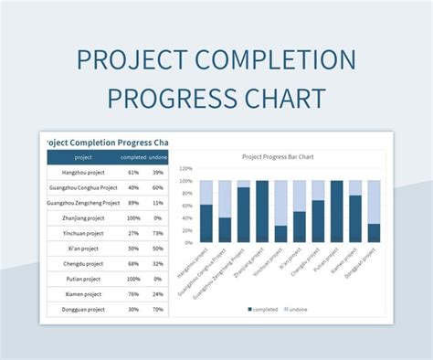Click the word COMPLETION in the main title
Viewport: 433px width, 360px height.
(272, 63)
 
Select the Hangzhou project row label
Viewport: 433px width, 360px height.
(83, 172)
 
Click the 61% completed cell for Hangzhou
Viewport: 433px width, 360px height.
(133, 172)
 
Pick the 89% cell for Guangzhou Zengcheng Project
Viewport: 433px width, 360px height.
(133, 203)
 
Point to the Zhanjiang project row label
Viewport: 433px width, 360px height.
(83, 218)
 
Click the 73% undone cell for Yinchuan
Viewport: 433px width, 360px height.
(157, 233)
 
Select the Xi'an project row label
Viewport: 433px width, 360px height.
(83, 249)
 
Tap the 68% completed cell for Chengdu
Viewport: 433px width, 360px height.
(133, 264)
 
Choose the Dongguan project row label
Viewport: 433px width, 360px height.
(83, 310)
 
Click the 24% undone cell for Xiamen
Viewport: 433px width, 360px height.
(157, 294)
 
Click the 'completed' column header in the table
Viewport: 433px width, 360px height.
(133, 156)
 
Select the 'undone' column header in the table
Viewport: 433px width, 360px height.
(157, 156)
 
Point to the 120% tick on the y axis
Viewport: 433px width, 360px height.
(185, 169)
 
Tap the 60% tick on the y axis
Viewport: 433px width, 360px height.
(185, 206)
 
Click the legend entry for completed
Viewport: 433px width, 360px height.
(264, 310)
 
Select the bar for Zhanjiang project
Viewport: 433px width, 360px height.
(262, 211)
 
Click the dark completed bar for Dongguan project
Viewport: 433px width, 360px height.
(374, 233)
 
